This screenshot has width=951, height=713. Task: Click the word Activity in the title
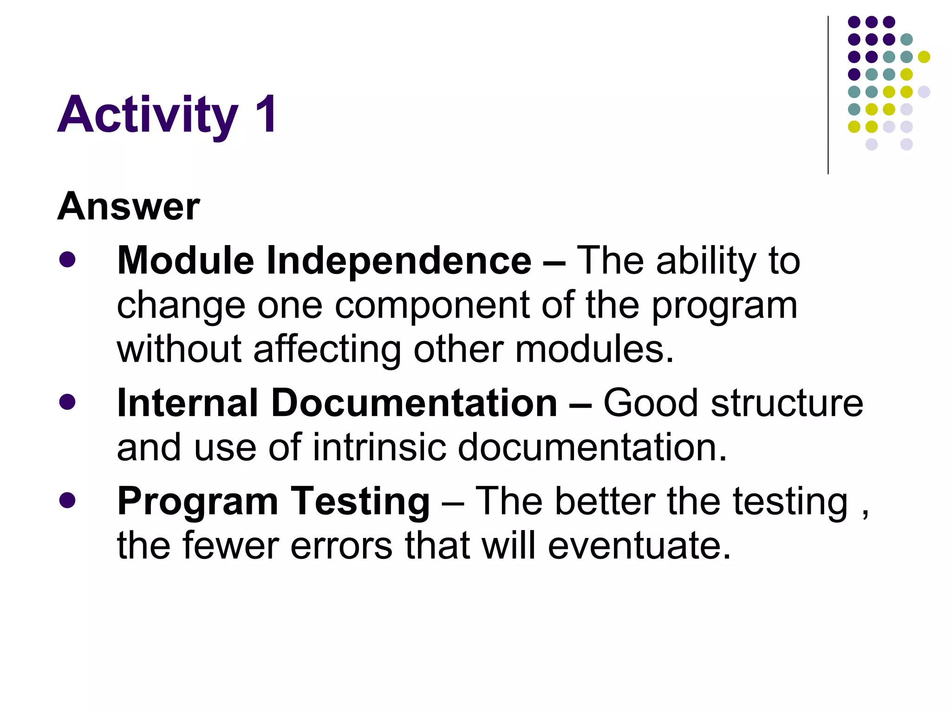point(148,115)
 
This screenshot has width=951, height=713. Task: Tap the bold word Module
point(186,260)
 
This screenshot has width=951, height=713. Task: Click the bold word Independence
point(399,260)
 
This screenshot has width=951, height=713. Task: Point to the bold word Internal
point(188,403)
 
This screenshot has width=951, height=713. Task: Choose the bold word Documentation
point(414,403)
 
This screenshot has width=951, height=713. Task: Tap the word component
point(432,306)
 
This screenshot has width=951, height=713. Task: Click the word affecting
point(327,349)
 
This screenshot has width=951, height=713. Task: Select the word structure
point(787,403)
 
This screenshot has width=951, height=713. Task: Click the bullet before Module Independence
point(67,259)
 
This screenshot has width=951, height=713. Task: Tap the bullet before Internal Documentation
point(67,402)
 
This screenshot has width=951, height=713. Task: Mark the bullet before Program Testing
point(67,500)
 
